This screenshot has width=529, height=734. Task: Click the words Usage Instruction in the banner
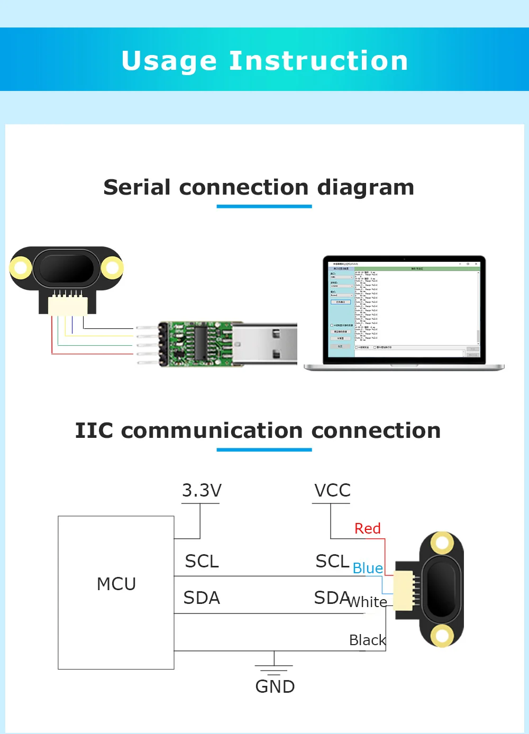[x=264, y=61]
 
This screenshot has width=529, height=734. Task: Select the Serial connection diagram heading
[x=259, y=188]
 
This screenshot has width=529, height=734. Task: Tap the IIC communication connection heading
[x=258, y=431]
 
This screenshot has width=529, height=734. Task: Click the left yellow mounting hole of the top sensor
[x=21, y=268]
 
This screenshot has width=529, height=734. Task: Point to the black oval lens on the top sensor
[x=67, y=268]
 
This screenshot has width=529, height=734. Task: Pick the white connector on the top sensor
[x=68, y=305]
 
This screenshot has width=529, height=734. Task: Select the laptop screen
[x=404, y=309]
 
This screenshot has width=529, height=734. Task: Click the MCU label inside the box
[x=116, y=584]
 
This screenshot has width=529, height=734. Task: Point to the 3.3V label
[x=202, y=491]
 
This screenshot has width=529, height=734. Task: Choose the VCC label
[x=332, y=491]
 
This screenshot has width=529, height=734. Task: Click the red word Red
[x=368, y=529]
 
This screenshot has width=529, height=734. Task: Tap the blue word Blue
[x=368, y=568]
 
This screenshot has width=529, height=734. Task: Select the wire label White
[x=368, y=602]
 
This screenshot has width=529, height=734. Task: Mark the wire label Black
[x=368, y=640]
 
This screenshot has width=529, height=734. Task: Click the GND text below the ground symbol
[x=275, y=687]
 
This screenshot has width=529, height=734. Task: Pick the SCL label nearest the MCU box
[x=202, y=562]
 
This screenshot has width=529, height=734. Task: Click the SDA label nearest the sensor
[x=332, y=598]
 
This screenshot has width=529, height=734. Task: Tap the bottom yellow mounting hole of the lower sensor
[x=441, y=635]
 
